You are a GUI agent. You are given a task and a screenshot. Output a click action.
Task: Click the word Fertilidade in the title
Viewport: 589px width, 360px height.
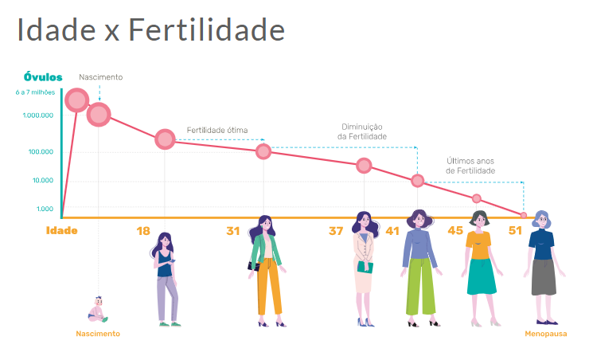[206, 30]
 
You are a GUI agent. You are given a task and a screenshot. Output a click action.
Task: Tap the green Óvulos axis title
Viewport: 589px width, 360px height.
[43, 77]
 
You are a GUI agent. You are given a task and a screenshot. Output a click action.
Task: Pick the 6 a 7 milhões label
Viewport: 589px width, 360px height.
[34, 93]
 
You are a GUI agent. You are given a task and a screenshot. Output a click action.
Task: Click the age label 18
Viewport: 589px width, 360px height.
[143, 231]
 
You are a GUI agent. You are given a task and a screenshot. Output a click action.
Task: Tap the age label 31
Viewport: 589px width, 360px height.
[232, 231]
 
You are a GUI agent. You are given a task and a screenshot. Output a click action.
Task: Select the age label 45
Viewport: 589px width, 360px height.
[454, 231]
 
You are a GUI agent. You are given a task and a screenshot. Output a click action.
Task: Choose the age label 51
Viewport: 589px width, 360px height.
[516, 231]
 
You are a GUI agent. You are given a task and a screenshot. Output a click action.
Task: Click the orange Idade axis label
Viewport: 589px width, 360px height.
[62, 231]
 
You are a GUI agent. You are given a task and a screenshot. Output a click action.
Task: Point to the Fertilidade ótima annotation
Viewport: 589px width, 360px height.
[217, 130]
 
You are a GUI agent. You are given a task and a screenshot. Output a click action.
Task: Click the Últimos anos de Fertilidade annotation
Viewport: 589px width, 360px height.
[470, 166]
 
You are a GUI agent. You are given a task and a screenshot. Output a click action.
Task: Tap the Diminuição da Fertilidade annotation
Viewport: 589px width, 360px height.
[362, 131]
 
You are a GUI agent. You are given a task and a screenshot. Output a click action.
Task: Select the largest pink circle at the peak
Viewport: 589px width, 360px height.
[76, 100]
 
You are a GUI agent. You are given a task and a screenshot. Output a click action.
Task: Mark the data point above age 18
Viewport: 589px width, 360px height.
[165, 139]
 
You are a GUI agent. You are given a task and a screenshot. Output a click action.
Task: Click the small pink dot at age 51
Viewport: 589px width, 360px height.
[524, 216]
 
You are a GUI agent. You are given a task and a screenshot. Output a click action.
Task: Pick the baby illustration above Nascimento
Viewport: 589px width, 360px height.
[99, 309]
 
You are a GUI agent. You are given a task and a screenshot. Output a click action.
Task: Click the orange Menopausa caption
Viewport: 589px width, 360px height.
[546, 334]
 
